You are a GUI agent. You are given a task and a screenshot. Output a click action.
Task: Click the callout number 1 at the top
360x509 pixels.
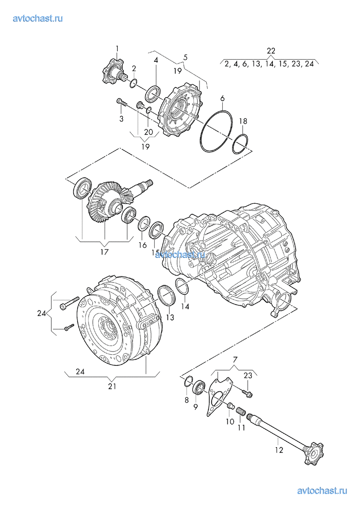117,49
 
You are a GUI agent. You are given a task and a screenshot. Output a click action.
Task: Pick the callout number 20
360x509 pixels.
149,132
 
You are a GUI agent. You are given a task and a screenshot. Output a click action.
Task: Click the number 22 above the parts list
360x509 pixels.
271,50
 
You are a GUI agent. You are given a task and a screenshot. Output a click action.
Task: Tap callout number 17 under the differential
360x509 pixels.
104,252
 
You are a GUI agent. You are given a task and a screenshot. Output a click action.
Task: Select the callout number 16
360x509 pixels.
143,245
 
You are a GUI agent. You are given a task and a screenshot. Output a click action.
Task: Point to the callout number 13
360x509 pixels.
170,317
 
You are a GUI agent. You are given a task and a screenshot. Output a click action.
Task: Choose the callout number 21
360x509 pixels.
112,386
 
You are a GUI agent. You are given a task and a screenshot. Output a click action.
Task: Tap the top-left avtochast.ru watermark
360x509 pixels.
38,18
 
